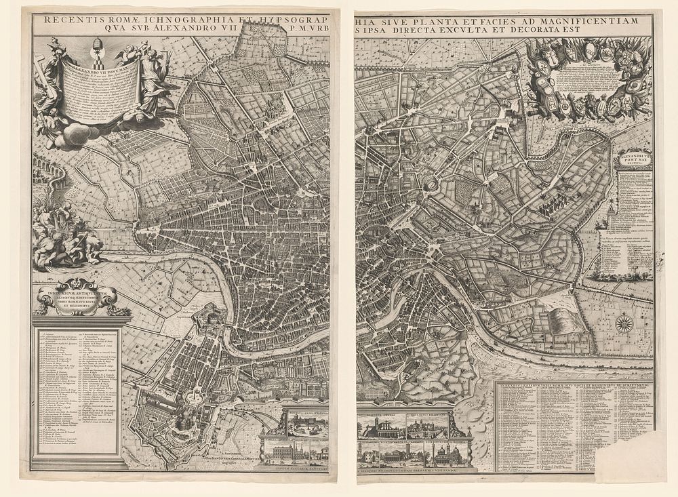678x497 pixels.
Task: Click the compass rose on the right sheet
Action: (x=624, y=324)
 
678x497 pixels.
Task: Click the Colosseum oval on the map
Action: (x=431, y=184)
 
